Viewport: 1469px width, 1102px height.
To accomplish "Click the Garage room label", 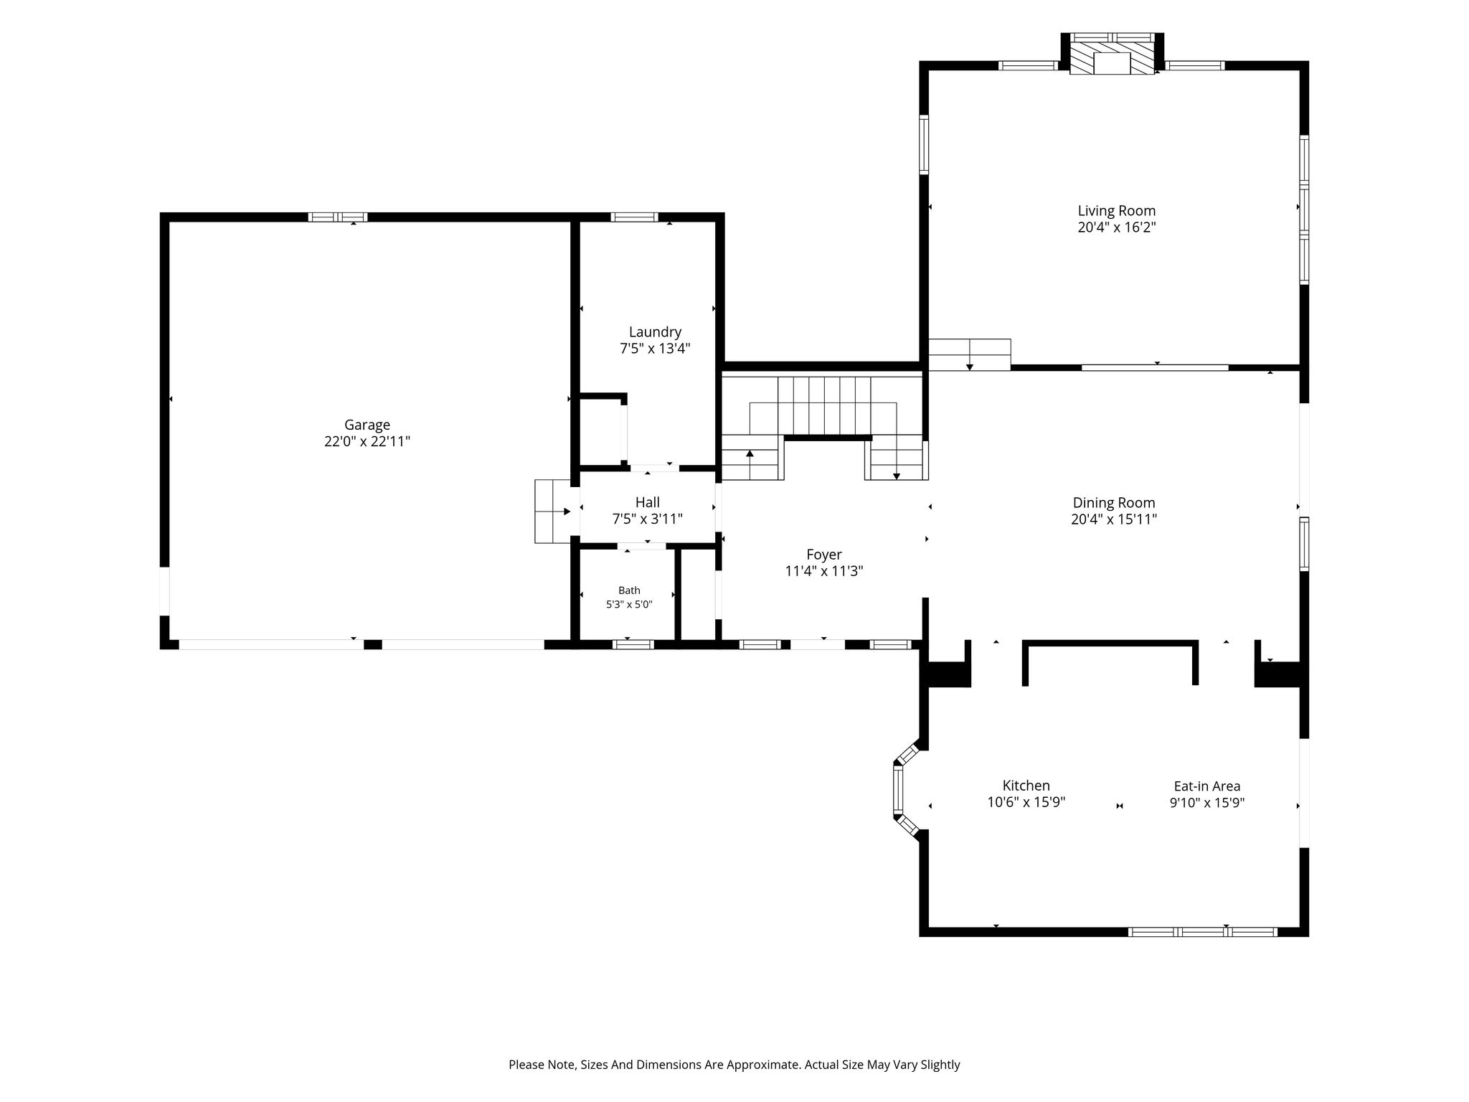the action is click(x=367, y=425).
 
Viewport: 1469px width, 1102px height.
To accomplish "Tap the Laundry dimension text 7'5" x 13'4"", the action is click(x=655, y=349).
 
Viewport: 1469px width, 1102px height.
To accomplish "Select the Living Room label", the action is click(x=1117, y=211).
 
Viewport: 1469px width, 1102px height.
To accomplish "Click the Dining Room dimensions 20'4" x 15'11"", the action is click(x=1114, y=519).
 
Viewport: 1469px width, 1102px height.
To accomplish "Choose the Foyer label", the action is click(x=824, y=555).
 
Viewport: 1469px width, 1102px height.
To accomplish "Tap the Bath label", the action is click(x=629, y=590).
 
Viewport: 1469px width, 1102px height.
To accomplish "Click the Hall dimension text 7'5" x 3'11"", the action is click(x=647, y=519).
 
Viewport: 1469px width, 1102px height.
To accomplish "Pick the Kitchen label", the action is click(x=1026, y=786).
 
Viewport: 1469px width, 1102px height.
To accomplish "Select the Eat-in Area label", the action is click(x=1207, y=786).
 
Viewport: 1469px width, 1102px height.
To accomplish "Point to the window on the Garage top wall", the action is click(x=338, y=217).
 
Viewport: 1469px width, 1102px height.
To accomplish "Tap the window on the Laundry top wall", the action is click(x=635, y=217).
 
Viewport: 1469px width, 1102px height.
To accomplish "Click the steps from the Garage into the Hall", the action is click(x=552, y=511).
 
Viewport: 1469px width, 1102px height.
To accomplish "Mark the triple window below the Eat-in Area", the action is click(x=1203, y=932).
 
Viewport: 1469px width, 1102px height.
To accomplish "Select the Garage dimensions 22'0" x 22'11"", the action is click(x=367, y=441).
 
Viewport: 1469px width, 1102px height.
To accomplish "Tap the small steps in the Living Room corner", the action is click(x=970, y=354).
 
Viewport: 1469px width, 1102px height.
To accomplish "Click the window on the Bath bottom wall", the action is click(x=633, y=644).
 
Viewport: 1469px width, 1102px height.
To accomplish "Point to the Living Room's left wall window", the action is click(x=924, y=145).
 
